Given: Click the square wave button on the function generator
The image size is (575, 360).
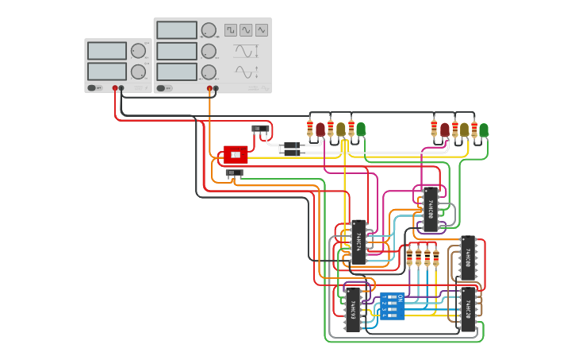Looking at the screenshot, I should click(x=230, y=30).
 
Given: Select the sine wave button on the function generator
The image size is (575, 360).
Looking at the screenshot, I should click(x=246, y=30).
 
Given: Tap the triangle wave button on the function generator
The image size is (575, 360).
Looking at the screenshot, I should click(x=261, y=30).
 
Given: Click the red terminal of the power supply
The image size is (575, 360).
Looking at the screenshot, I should click(x=115, y=88).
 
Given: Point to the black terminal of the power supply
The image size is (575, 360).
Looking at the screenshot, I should click(x=121, y=88).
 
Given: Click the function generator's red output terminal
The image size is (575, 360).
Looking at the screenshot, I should click(x=210, y=88).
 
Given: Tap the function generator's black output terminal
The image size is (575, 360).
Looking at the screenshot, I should click(x=217, y=88).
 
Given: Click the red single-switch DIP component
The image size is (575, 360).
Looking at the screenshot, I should click(x=236, y=154).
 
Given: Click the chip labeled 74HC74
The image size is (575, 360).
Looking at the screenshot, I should click(x=358, y=242).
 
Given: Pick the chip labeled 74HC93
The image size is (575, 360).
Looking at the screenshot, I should click(x=352, y=310).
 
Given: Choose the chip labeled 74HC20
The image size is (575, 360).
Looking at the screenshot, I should click(x=468, y=309).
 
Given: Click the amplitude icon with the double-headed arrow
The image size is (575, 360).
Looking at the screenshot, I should click(x=245, y=72).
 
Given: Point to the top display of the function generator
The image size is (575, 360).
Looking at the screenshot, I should click(x=176, y=30).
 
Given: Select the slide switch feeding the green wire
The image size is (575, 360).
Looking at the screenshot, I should click(x=234, y=173).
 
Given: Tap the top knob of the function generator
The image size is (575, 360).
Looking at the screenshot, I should click(x=209, y=30).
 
